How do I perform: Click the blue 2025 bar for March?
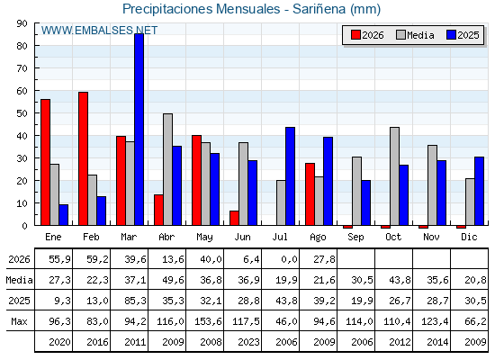[139, 130]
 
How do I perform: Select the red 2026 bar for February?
[83, 158]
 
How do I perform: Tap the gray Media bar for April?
[167, 169]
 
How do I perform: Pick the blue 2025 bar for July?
[290, 176]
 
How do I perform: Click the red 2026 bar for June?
[234, 218]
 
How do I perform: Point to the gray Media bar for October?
[395, 176]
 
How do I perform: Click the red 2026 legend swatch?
[355, 35]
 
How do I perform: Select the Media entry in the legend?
[415, 35]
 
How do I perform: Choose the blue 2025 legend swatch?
[451, 35]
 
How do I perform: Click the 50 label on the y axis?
[22, 113]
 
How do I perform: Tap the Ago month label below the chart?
[318, 238]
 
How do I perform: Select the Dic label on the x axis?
[469, 237]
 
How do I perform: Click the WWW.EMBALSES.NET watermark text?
[99, 31]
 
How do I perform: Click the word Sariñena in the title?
[319, 9]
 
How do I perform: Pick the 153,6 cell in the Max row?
[208, 321]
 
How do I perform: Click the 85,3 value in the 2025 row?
[135, 301]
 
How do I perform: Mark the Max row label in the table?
[19, 321]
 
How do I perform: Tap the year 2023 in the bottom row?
[248, 342]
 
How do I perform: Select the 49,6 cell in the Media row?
[173, 280]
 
